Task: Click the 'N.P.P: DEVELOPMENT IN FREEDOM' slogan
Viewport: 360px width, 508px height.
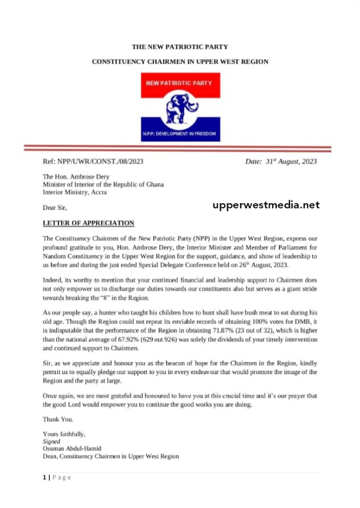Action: pyautogui.click(x=180, y=135)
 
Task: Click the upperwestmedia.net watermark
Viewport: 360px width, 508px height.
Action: pyautogui.click(x=266, y=205)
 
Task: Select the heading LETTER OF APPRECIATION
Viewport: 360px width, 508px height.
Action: pyautogui.click(x=88, y=223)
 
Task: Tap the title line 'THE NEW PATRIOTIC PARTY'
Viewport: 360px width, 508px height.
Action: pyautogui.click(x=180, y=47)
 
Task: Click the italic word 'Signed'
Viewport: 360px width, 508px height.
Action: pyautogui.click(x=51, y=441)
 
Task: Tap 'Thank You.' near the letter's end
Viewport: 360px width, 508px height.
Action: pyautogui.click(x=58, y=419)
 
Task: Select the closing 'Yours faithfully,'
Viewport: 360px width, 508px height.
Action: pyautogui.click(x=64, y=434)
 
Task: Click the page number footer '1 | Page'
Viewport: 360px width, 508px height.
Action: pyautogui.click(x=57, y=478)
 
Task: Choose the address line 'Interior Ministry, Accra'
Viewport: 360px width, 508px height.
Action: pyautogui.click(x=75, y=192)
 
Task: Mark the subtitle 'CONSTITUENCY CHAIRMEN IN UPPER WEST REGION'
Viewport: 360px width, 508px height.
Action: pyautogui.click(x=180, y=61)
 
